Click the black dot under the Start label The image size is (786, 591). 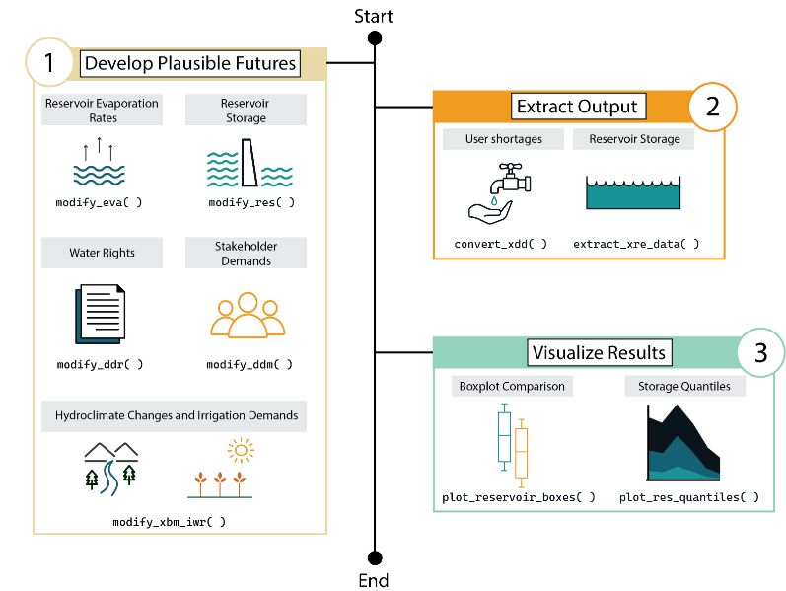375,37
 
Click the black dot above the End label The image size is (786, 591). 375,557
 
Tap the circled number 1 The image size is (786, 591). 49,62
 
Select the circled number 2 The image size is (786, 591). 712,107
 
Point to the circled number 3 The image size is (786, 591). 761,352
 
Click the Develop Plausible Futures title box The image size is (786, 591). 190,63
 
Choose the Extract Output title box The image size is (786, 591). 578,107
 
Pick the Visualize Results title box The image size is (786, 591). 600,352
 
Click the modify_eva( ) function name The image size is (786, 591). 99,202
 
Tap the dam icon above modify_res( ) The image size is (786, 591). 250,163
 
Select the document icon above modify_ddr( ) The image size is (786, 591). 101,314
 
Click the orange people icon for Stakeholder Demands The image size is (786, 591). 248,315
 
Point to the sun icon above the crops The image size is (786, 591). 241,450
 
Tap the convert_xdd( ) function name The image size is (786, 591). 500,244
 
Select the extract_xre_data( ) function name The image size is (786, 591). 636,244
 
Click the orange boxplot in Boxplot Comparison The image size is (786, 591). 522,453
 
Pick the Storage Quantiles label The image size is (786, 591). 684,387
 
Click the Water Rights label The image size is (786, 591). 103,253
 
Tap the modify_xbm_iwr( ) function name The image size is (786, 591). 169,522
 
